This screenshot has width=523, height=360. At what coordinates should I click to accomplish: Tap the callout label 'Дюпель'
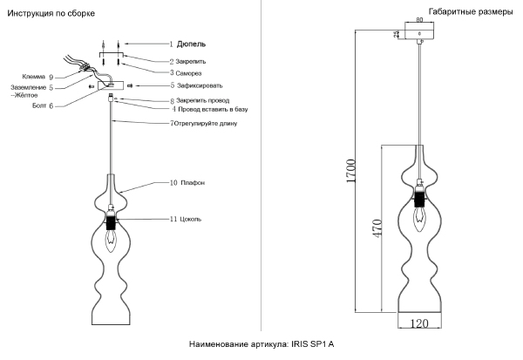(191, 43)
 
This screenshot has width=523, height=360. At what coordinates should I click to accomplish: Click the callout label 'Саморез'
(192, 73)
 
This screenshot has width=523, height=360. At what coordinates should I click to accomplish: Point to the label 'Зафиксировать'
(200, 85)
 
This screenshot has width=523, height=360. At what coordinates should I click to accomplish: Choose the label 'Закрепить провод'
(207, 101)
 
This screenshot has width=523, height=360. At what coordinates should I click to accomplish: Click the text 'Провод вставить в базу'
(214, 110)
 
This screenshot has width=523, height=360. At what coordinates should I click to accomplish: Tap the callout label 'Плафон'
(193, 183)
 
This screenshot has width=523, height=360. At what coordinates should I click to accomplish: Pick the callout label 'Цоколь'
(190, 219)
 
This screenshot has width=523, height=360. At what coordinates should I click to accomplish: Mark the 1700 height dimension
(350, 170)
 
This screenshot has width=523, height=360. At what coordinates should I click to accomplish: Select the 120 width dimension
(419, 323)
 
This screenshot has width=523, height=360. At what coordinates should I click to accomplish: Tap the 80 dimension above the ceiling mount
(419, 19)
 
